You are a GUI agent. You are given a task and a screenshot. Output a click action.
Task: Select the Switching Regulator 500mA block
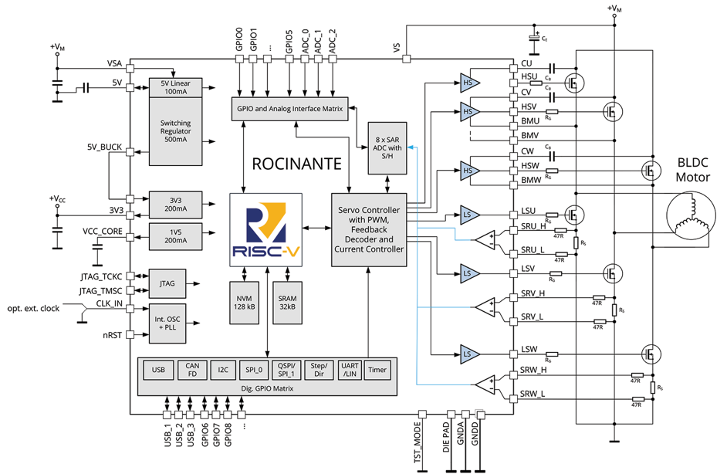[175, 131]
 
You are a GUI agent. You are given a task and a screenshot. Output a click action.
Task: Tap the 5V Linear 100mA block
[175, 87]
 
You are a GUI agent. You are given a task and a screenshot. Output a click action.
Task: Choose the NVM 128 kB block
[245, 297]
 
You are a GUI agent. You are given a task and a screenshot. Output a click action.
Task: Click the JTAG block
[167, 283]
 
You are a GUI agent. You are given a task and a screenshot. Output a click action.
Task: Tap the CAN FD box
[192, 370]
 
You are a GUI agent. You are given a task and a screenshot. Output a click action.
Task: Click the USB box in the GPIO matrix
[158, 370]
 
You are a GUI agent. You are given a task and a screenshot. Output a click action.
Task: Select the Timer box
[377, 370]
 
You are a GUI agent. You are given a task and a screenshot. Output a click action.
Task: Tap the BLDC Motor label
[693, 171]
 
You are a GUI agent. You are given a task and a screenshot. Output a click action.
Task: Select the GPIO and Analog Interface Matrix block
[289, 109]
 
